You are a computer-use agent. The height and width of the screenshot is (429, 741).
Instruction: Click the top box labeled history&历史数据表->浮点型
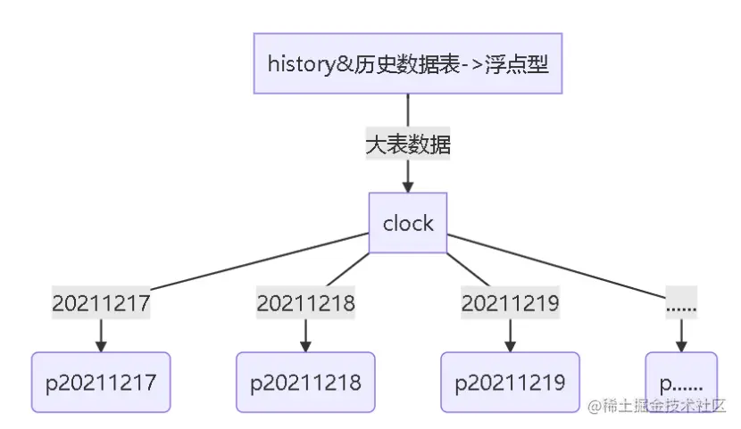(x=407, y=63)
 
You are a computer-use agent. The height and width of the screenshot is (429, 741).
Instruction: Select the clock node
(x=408, y=223)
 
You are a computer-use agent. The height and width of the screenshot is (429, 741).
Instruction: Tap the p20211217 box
(x=101, y=383)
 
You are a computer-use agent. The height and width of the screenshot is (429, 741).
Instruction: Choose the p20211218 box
(x=305, y=383)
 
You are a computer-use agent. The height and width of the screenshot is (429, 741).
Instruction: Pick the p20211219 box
(x=510, y=383)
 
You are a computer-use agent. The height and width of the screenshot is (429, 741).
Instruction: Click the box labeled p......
(x=682, y=383)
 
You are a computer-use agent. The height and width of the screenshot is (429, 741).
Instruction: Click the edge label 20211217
(x=101, y=303)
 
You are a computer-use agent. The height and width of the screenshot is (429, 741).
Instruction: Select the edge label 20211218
(x=305, y=303)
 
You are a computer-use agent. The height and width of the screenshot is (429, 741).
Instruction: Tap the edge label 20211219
(x=510, y=303)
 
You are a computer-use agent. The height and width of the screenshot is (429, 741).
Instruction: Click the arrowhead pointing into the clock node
(x=408, y=186)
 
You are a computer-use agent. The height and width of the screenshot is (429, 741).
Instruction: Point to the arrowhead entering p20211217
(x=101, y=345)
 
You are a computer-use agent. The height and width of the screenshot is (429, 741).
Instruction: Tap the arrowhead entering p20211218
(x=305, y=345)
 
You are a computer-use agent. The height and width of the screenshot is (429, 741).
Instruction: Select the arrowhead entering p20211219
(x=510, y=345)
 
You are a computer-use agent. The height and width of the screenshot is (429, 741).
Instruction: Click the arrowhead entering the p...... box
(x=682, y=345)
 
